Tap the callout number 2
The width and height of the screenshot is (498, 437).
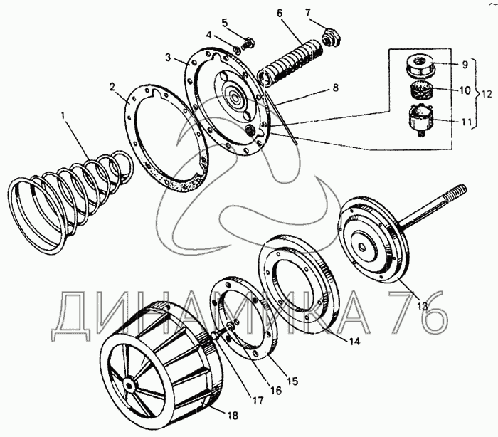(x=112, y=86)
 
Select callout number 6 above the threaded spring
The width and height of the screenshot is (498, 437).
(x=279, y=14)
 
